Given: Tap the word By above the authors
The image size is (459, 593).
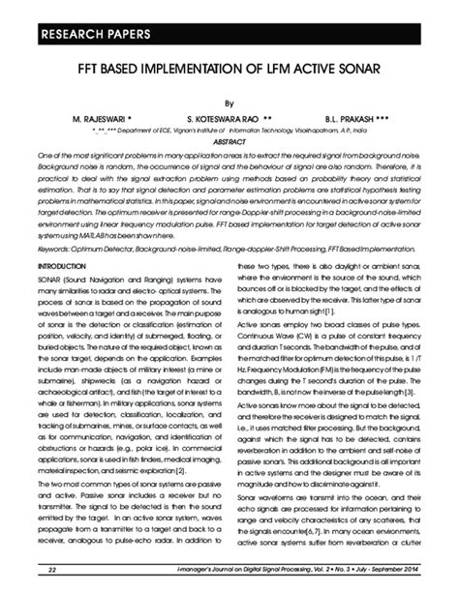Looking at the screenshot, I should coord(229,101).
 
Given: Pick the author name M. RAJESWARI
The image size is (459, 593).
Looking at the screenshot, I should coord(107,116).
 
